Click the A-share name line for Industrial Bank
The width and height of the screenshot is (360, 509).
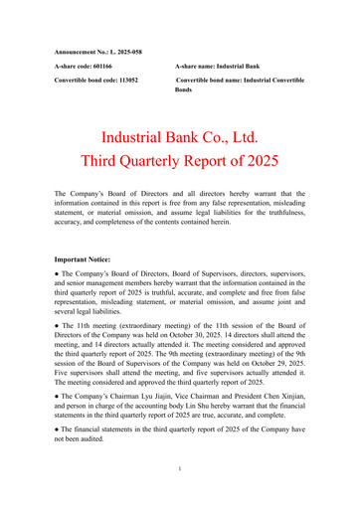pyautogui.click(x=222, y=64)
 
